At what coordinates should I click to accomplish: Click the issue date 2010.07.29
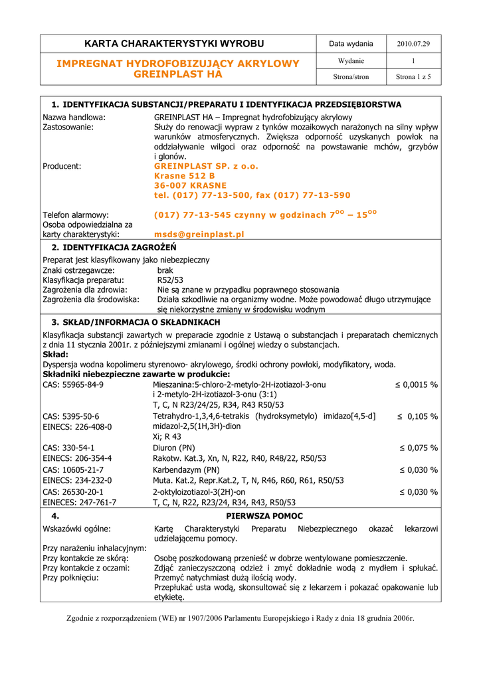coord(413,44)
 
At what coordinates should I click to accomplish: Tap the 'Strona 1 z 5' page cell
coord(413,77)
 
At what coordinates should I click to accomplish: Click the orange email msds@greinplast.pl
coord(199,234)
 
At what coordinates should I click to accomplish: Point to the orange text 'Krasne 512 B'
coord(185,176)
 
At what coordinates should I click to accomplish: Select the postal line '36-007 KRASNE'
coord(190,185)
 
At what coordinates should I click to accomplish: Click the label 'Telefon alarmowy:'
coord(76,215)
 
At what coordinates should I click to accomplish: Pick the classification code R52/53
coord(170,280)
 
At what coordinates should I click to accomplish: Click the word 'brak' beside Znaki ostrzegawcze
coord(165,271)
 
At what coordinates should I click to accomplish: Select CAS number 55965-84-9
coord(73,384)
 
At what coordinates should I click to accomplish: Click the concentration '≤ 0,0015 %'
coord(416,384)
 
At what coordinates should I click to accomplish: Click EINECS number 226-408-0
coord(77,427)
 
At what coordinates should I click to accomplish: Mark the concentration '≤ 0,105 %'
coord(418,416)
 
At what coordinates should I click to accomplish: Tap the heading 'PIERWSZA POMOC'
coord(264,516)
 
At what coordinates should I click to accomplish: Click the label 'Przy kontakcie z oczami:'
coord(86,568)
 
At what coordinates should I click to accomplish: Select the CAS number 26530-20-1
coord(73,492)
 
